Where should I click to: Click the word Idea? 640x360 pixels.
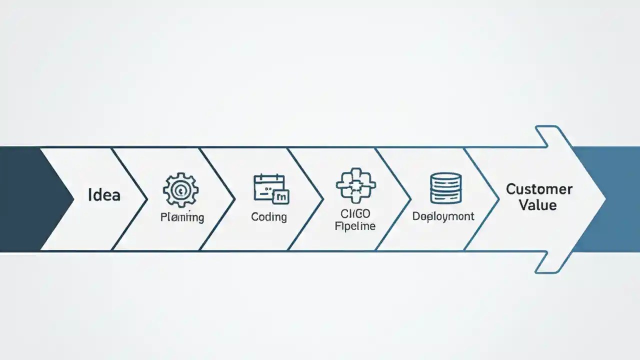tap(104, 194)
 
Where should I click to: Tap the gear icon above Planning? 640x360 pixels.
tap(181, 190)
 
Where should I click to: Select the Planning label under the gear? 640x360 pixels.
tap(182, 217)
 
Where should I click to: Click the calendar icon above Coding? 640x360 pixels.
tap(269, 187)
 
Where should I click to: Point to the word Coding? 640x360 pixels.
tap(269, 217)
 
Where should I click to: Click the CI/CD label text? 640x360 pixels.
tap(356, 214)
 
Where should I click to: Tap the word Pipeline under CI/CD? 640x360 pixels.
tap(355, 226)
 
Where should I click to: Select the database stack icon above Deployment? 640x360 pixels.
tap(445, 188)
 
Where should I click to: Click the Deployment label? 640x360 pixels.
tap(443, 216)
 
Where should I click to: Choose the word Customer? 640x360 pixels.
tap(539, 189)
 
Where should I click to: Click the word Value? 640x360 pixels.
tap(537, 205)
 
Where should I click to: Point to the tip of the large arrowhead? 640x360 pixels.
tap(605, 199)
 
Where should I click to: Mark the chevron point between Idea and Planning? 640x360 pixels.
tap(147, 199)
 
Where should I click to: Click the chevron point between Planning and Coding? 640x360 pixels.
tap(234, 199)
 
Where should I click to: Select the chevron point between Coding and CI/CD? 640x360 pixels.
tap(322, 199)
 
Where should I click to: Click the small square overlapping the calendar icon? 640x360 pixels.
tap(281, 197)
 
